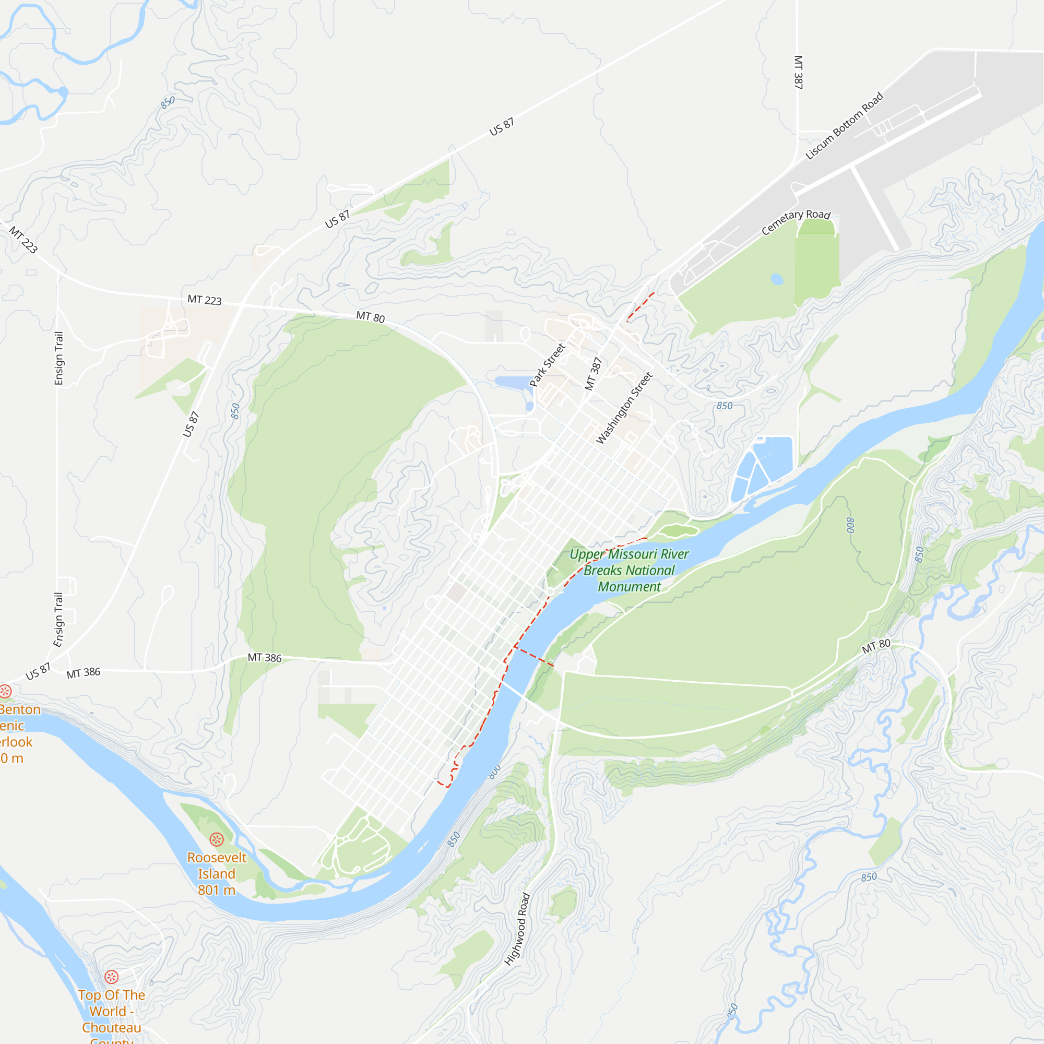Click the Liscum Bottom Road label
pos(844,126)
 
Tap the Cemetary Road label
pos(796,221)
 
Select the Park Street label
pos(548,365)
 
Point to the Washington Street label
pos(624,408)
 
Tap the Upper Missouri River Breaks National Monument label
pos(629,570)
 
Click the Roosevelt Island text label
pos(217,873)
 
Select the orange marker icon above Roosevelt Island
pos(217,839)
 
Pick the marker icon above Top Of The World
pos(111,977)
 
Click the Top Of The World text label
pos(111,1011)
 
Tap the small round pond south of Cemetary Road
pos(777,279)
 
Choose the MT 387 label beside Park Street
pos(594,373)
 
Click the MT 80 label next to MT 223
pos(371,317)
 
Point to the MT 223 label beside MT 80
pos(204,300)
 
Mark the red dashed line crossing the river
pos(533,656)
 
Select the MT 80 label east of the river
pos(876,646)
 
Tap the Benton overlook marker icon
pos(5,691)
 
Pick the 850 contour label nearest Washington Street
pos(725,406)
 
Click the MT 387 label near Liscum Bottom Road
pos(798,72)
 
